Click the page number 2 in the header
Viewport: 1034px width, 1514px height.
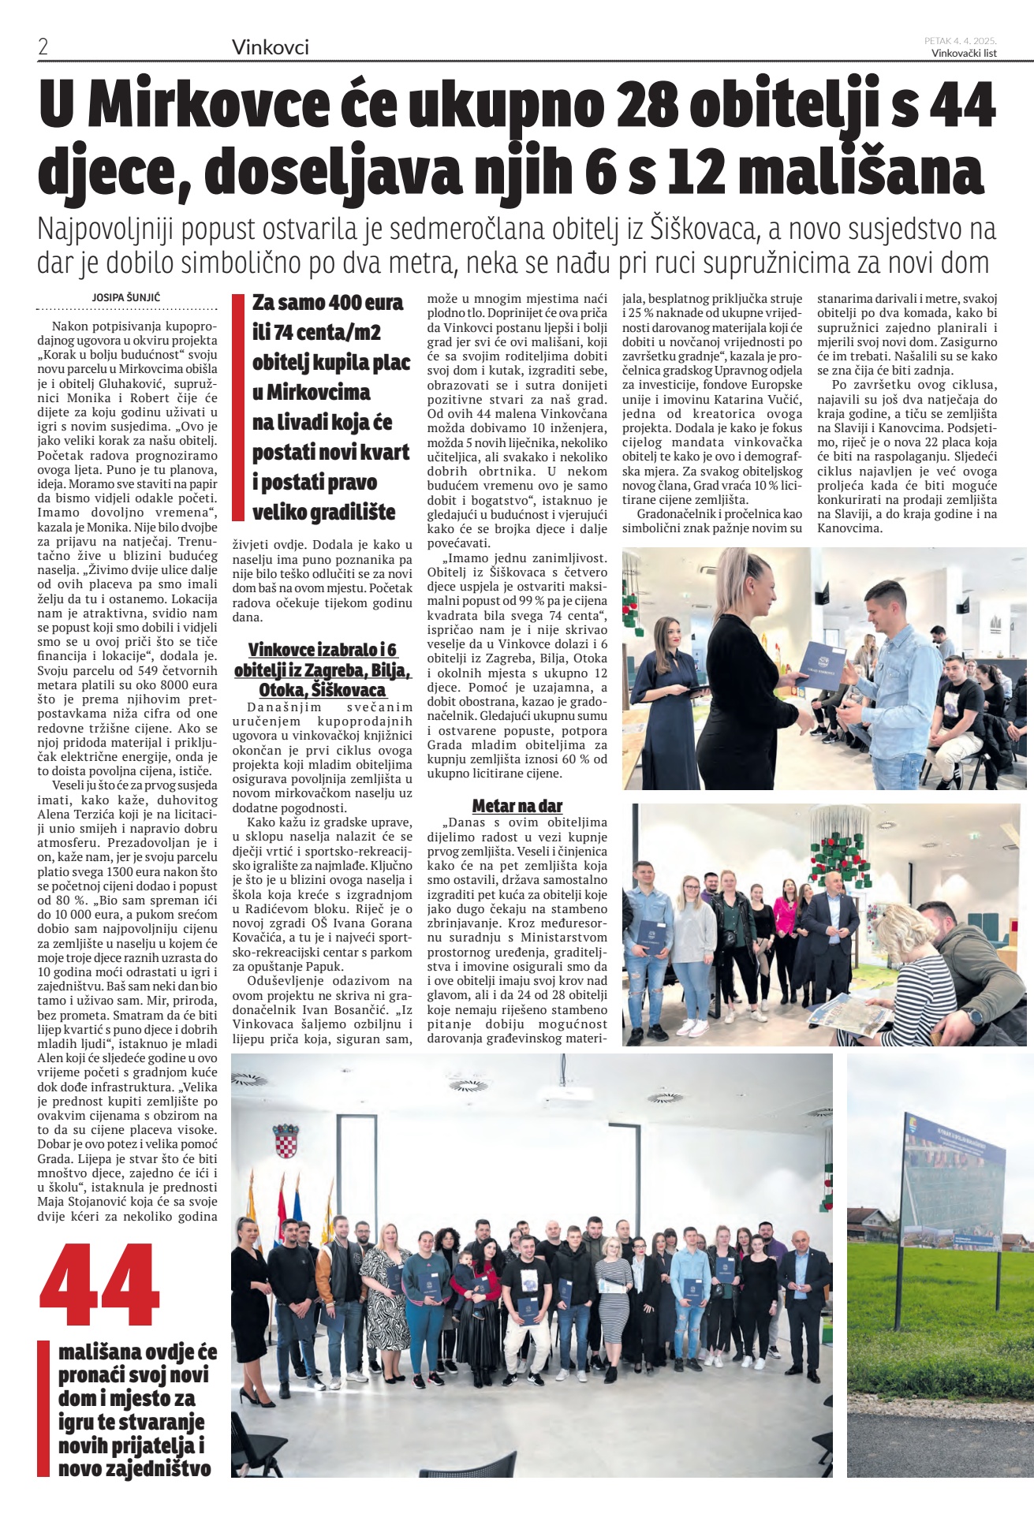pyautogui.click(x=43, y=47)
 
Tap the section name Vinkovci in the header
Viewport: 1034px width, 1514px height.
pyautogui.click(x=270, y=48)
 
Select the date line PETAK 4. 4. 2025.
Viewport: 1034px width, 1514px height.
pyautogui.click(x=960, y=40)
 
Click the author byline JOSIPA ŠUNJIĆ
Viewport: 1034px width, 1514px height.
pyautogui.click(x=126, y=297)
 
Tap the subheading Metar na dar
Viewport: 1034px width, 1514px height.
pyautogui.click(x=517, y=805)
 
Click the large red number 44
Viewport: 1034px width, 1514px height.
pyautogui.click(x=100, y=1286)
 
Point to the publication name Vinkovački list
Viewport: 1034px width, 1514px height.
pyautogui.click(x=963, y=53)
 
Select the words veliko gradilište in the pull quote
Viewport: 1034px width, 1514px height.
pyautogui.click(x=323, y=513)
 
